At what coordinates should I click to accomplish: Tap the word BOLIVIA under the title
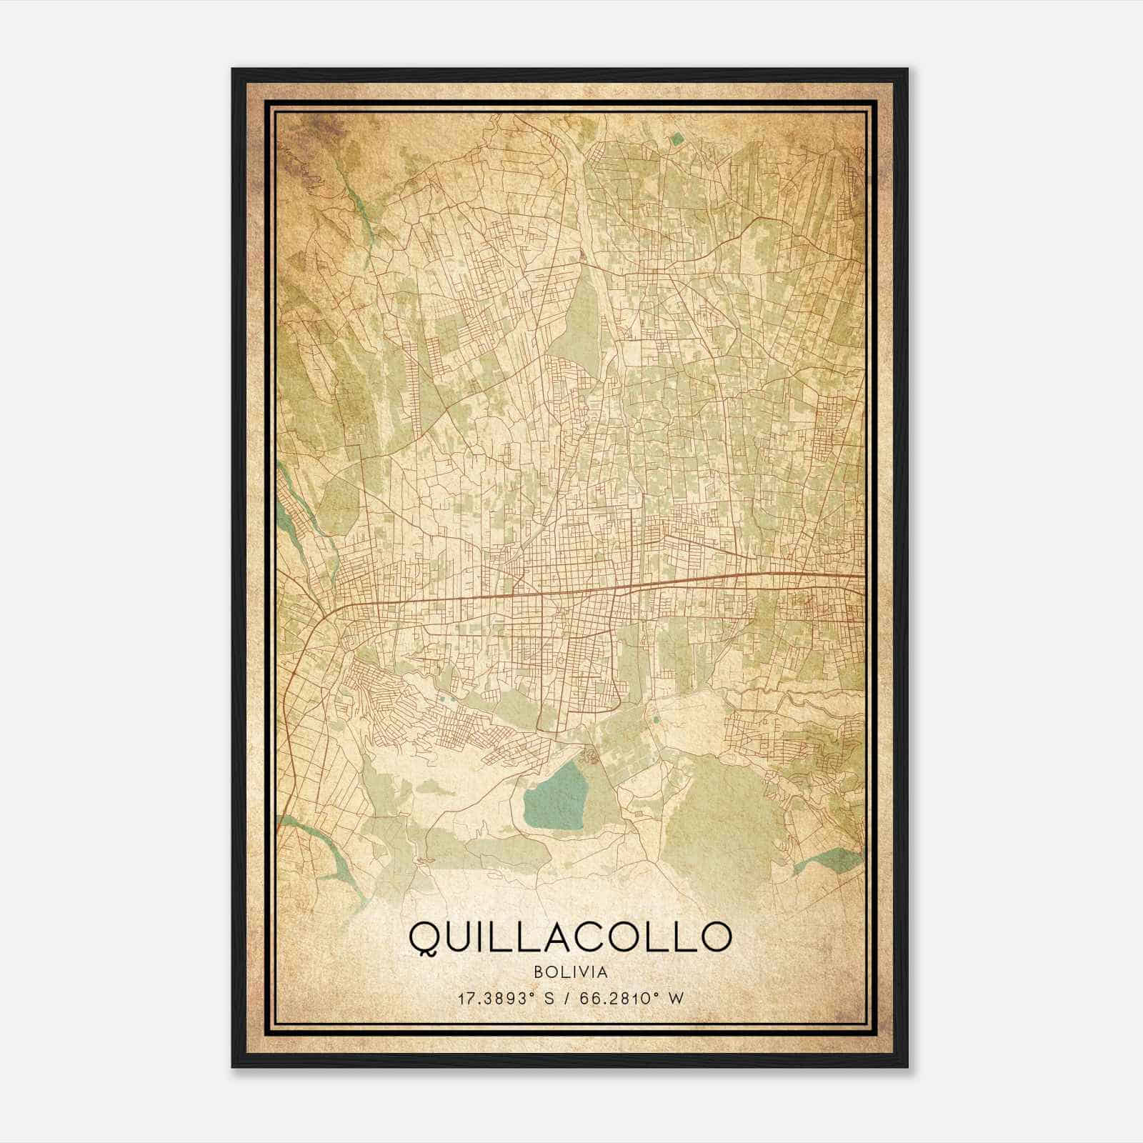[570, 972]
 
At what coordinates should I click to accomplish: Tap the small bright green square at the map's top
[677, 140]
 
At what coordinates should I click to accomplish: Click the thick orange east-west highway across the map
[571, 590]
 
